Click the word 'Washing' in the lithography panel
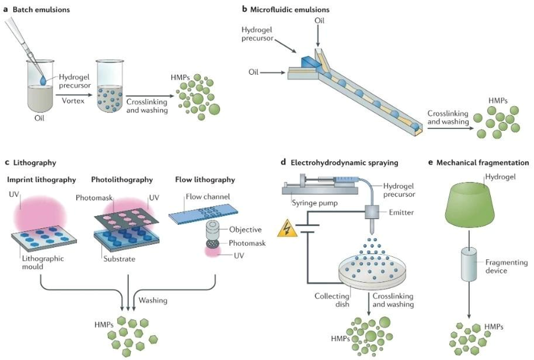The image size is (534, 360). tap(153, 300)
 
